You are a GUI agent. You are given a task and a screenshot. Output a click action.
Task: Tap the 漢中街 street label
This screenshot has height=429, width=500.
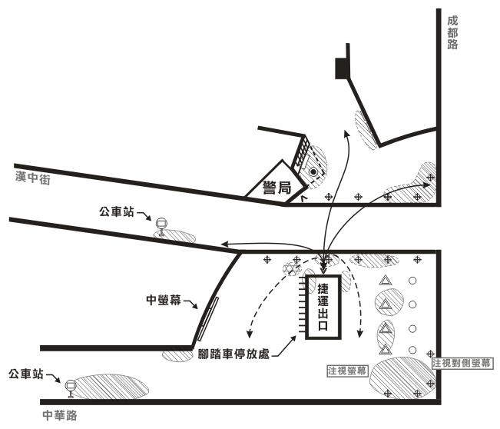(33, 177)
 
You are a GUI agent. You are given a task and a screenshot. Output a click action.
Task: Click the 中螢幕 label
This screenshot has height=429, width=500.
(163, 300)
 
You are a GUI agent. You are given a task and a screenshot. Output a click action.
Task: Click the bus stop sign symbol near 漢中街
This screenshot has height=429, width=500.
(161, 227)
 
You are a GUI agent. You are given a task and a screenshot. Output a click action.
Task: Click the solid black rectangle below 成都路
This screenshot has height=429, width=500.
(341, 69)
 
